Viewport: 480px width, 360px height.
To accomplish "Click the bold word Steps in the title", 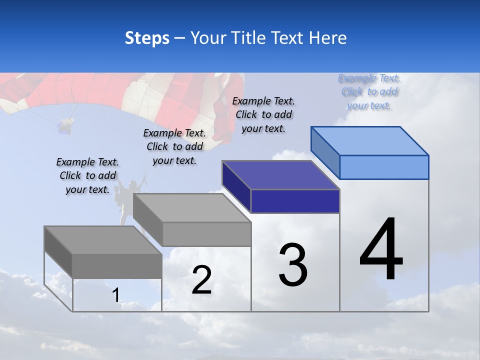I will pyautogui.click(x=147, y=38).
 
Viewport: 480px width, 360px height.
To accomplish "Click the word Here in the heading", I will pyautogui.click(x=327, y=38).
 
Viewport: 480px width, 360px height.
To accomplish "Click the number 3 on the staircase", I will pyautogui.click(x=293, y=265).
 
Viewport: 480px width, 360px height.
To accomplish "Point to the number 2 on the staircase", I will pyautogui.click(x=201, y=280).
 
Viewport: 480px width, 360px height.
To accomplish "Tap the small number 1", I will pyautogui.click(x=115, y=295).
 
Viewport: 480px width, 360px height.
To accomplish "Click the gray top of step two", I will pyautogui.click(x=192, y=208).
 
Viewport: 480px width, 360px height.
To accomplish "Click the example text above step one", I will pyautogui.click(x=87, y=175).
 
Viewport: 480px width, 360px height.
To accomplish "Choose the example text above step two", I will pyautogui.click(x=174, y=146).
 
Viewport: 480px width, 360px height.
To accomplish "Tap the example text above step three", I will pyautogui.click(x=263, y=114).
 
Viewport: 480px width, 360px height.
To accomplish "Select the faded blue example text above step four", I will pyautogui.click(x=369, y=91).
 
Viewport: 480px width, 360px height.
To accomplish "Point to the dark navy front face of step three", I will pyautogui.click(x=295, y=201).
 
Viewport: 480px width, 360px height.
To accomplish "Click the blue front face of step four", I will pyautogui.click(x=384, y=167).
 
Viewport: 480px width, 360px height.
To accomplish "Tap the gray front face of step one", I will pyautogui.click(x=117, y=266).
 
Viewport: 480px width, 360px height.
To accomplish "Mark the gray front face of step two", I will pyautogui.click(x=206, y=234).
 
